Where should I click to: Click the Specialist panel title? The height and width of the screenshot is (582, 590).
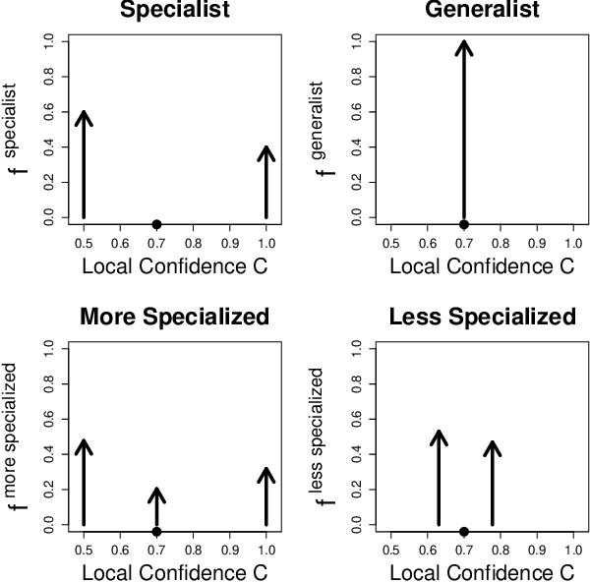(x=175, y=11)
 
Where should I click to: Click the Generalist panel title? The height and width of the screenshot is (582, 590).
(x=483, y=11)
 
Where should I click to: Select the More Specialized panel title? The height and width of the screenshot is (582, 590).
(x=175, y=318)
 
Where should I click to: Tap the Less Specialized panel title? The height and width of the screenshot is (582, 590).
(x=483, y=318)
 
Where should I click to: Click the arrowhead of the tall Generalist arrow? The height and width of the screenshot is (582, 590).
(x=464, y=46)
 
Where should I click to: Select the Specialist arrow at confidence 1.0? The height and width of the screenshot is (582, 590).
(x=266, y=182)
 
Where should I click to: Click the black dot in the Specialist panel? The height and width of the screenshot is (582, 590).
(x=156, y=224)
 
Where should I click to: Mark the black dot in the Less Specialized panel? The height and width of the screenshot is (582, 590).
(x=464, y=531)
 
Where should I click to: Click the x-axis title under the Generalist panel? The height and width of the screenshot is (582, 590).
(x=483, y=265)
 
